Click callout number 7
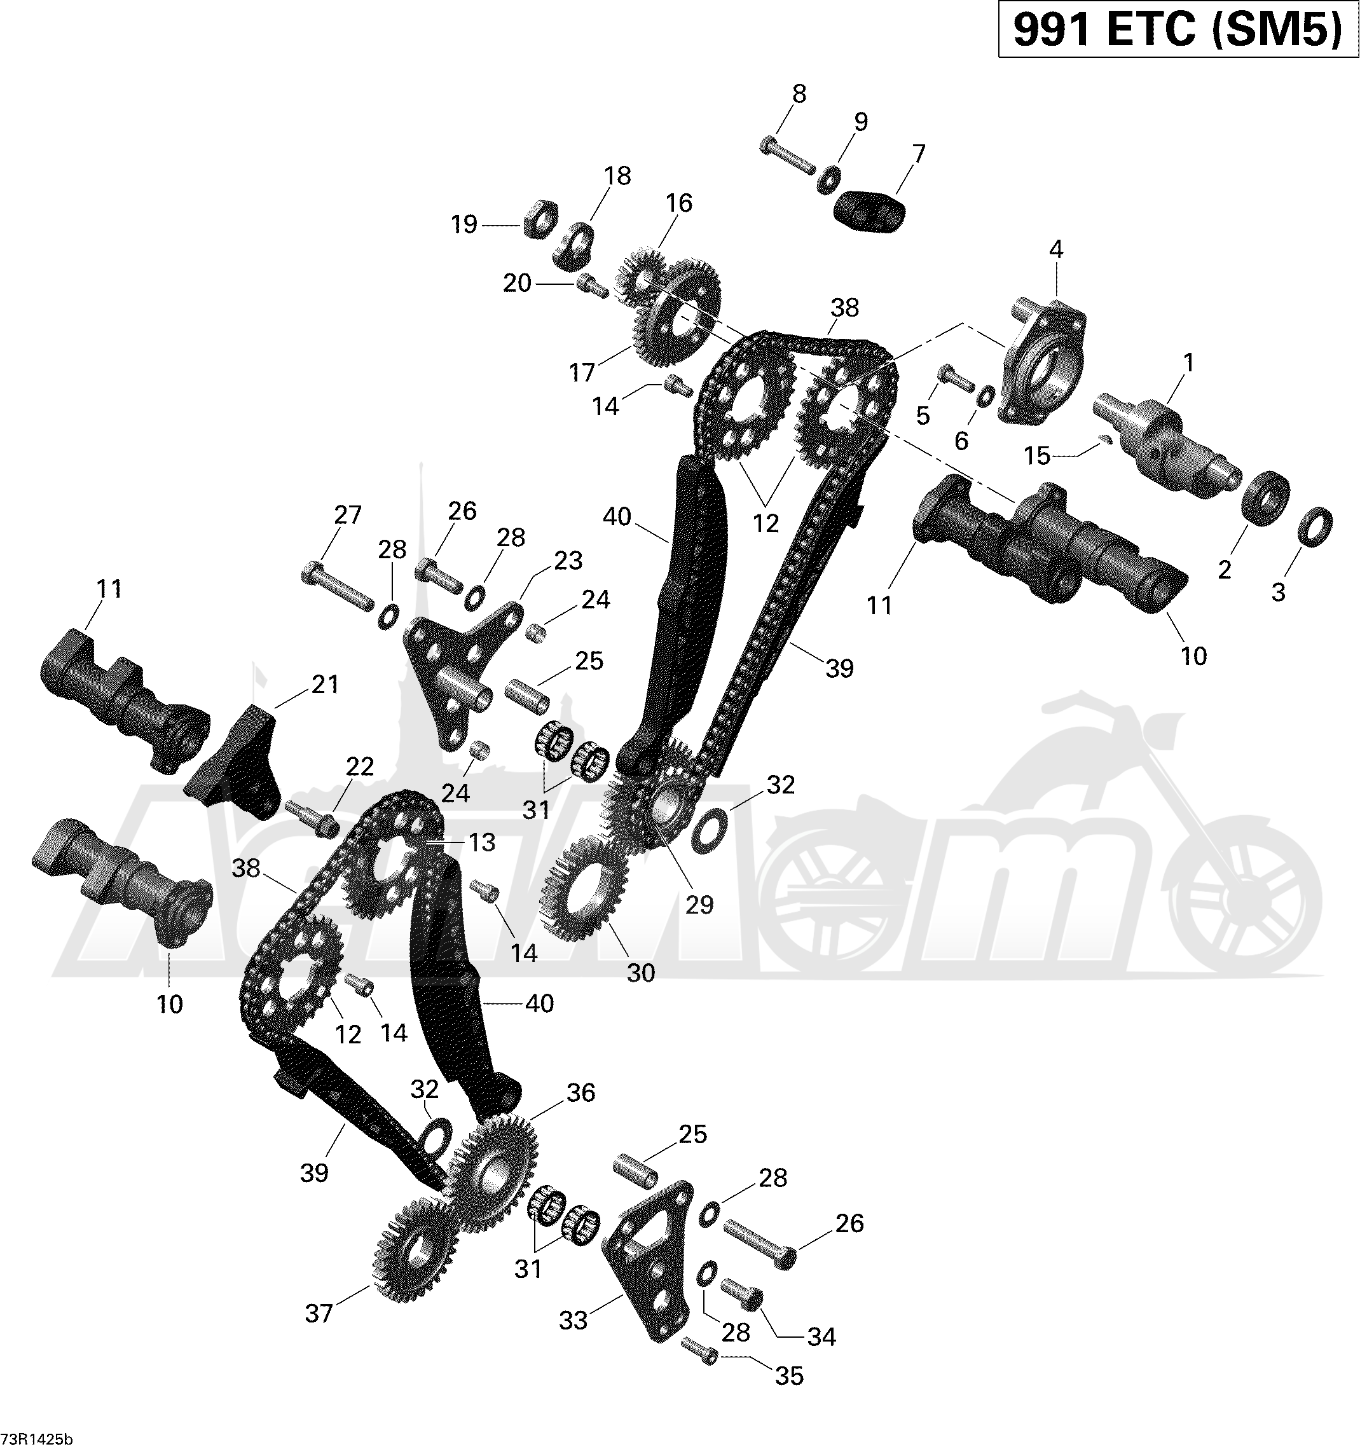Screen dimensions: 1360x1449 click(x=918, y=154)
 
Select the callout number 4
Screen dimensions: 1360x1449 click(x=1056, y=250)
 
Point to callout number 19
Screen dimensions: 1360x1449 click(x=464, y=224)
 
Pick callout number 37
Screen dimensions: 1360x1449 click(x=319, y=1314)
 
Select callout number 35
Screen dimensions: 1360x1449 click(x=789, y=1376)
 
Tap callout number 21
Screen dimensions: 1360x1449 click(x=325, y=684)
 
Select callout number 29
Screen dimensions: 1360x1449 click(x=699, y=905)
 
